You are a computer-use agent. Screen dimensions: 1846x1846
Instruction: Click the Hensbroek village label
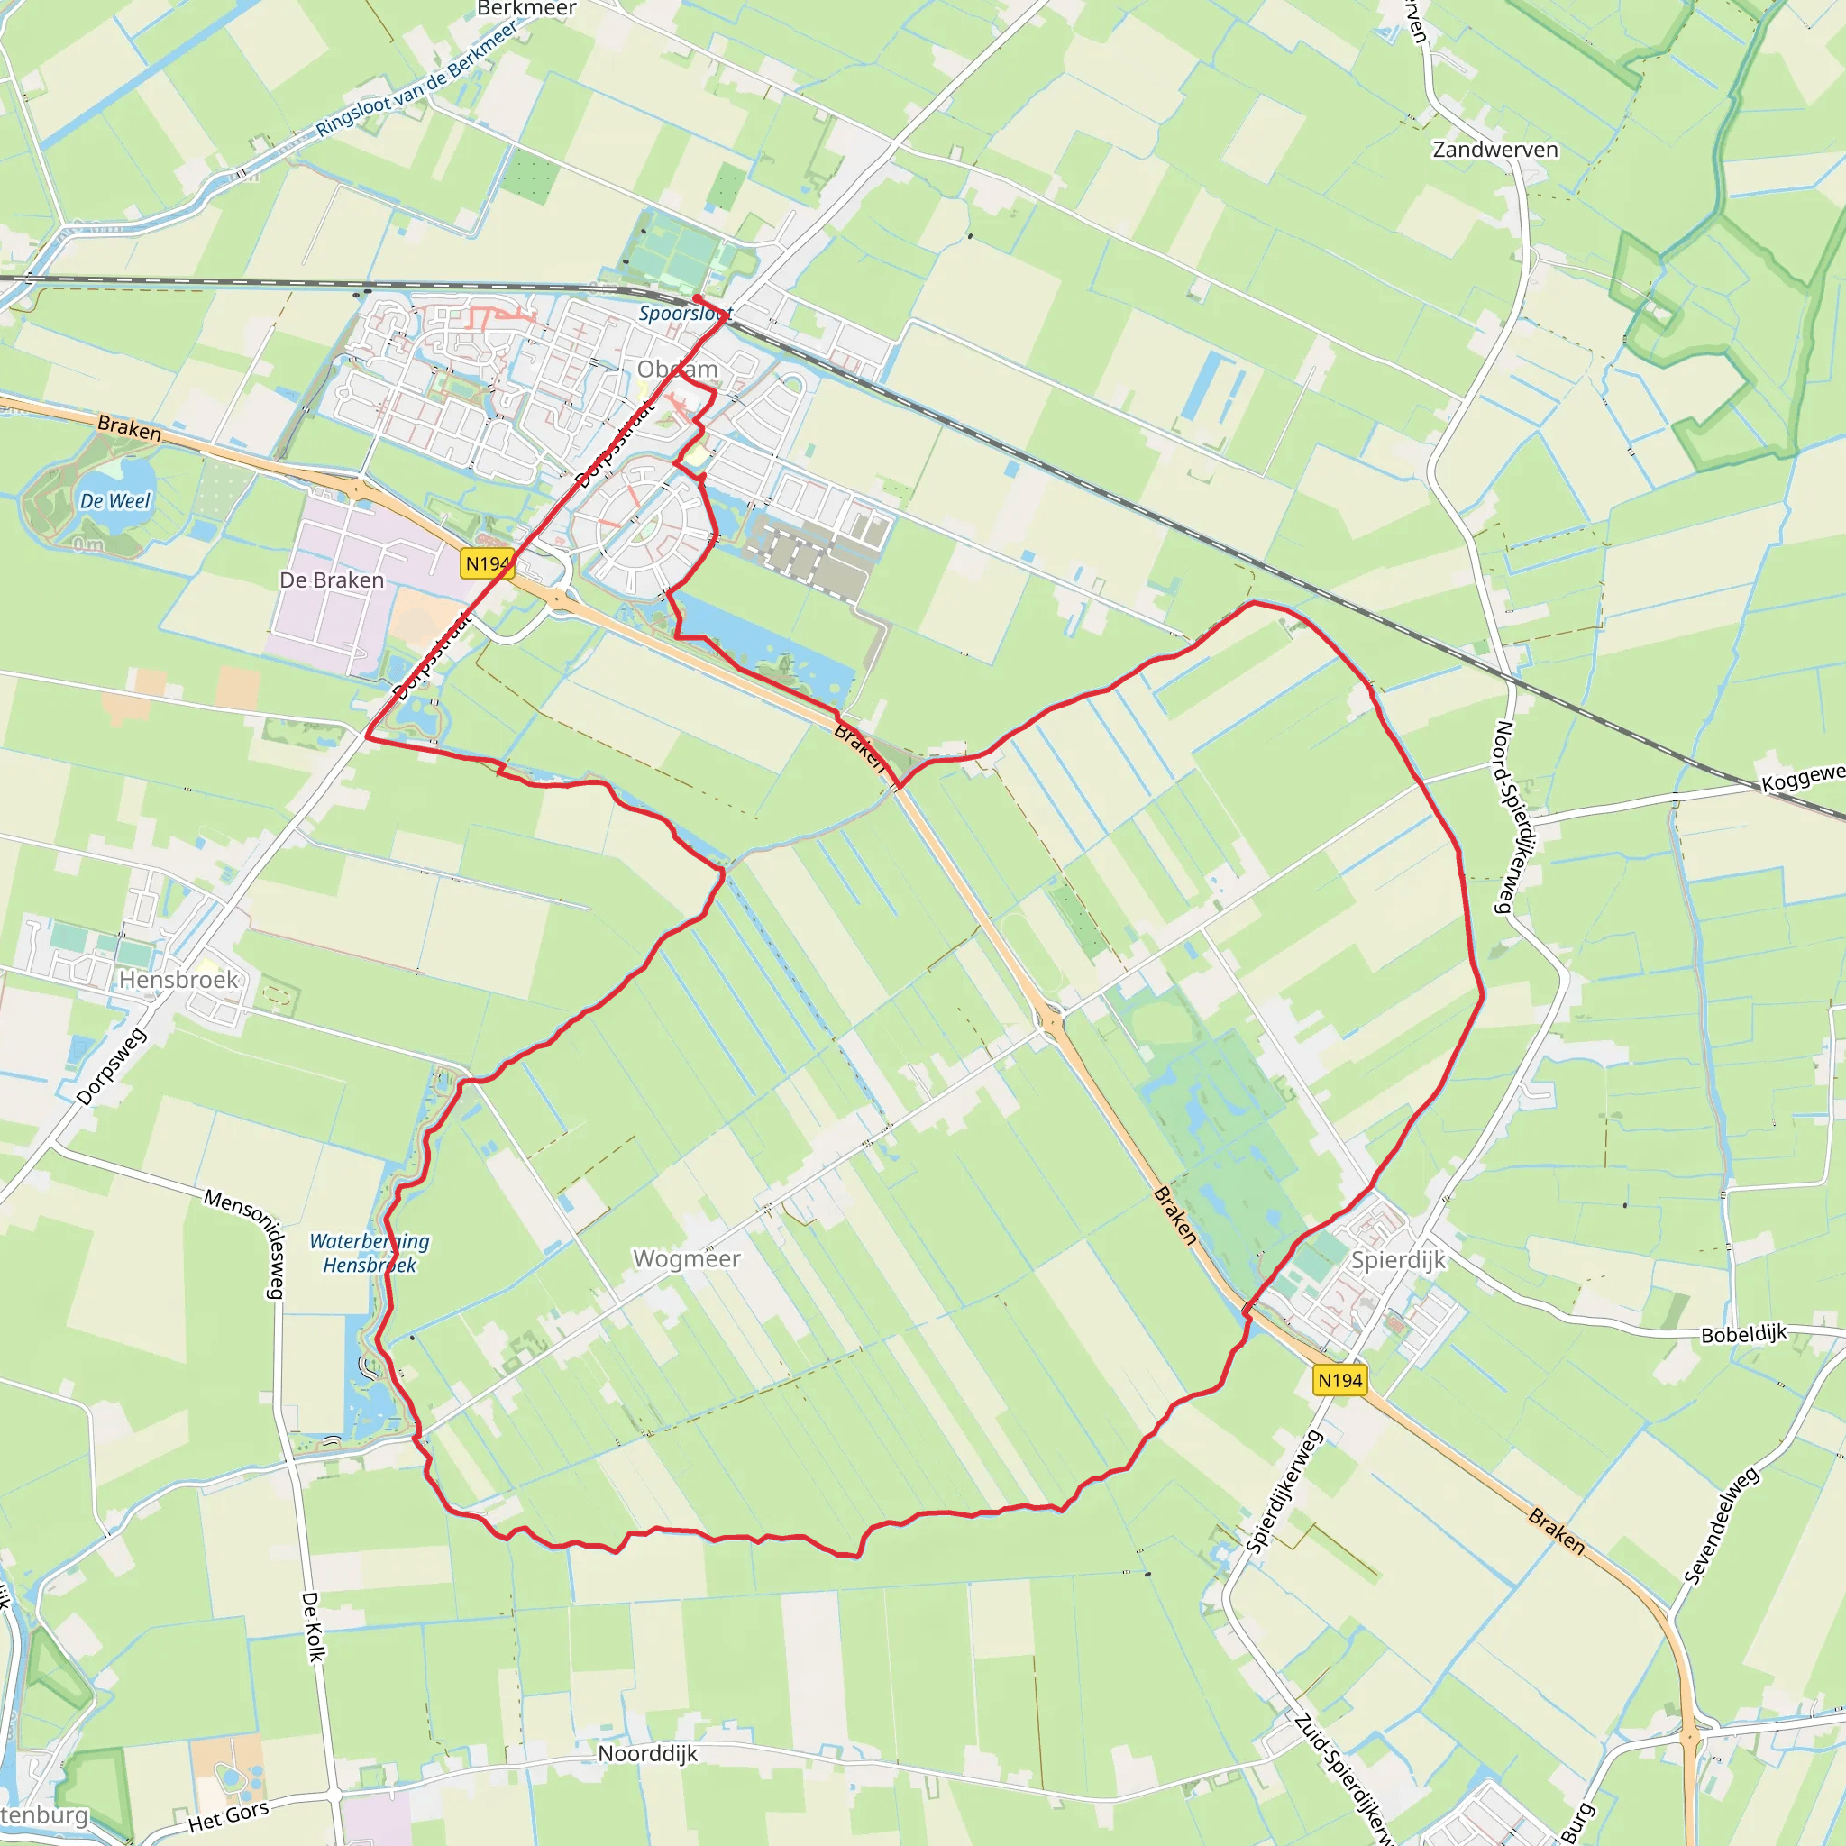click(x=178, y=980)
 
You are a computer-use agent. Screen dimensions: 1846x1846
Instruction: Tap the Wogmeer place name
click(x=686, y=1258)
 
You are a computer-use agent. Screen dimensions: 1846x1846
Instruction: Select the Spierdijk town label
click(x=1398, y=1259)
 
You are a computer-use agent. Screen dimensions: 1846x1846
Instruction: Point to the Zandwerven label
click(x=1495, y=149)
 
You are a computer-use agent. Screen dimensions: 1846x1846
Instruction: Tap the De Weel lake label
click(x=114, y=500)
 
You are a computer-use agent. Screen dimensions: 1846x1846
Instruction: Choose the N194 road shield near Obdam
click(x=488, y=563)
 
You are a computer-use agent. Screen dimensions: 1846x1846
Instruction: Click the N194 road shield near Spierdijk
click(x=1339, y=1380)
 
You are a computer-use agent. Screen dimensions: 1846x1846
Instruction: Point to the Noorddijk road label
click(x=648, y=1753)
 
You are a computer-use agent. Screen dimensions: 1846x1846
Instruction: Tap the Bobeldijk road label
click(x=1744, y=1334)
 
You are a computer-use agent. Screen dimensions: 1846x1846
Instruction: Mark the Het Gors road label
click(x=228, y=1815)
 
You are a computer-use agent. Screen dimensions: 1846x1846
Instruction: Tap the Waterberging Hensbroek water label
click(x=370, y=1253)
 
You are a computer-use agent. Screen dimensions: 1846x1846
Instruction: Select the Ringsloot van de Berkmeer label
click(x=416, y=79)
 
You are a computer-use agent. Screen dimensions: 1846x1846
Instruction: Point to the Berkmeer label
click(x=526, y=9)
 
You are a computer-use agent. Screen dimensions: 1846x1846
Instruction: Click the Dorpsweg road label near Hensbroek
click(x=112, y=1066)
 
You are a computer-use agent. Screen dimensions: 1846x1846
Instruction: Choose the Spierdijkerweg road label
click(x=1285, y=1490)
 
